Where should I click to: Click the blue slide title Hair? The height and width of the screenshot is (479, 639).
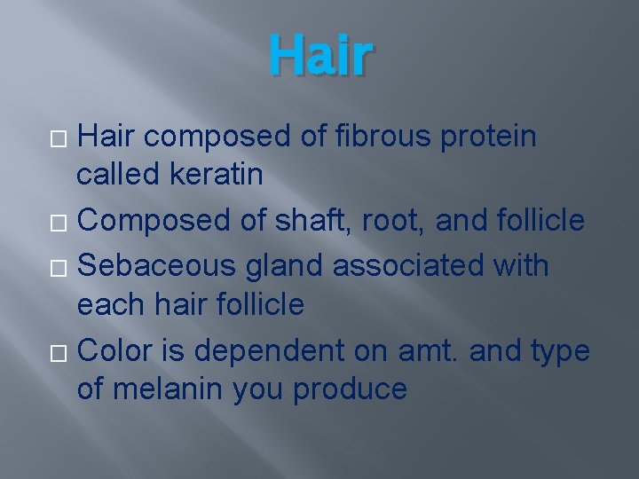(319, 55)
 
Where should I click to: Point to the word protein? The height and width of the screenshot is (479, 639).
(487, 137)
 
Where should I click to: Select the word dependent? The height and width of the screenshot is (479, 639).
(266, 350)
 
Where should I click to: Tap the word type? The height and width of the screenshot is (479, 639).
(558, 350)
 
